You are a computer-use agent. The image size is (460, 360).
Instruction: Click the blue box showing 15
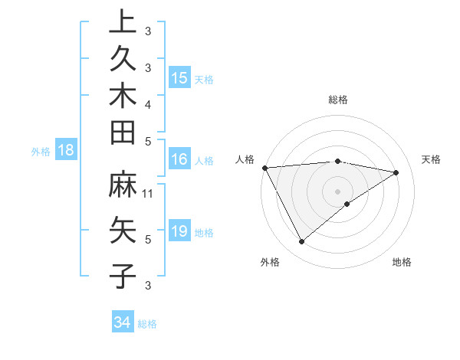click(179, 78)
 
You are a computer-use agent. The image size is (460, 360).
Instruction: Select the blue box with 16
click(179, 160)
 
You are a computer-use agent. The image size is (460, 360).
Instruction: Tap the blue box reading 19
click(179, 231)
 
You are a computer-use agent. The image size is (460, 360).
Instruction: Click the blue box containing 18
click(67, 151)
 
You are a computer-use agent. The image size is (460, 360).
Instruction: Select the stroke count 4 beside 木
click(148, 103)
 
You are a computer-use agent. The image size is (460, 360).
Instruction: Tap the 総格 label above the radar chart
click(338, 100)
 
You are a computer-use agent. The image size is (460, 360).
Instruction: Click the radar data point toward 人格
click(264, 167)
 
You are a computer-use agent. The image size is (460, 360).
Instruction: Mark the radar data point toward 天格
click(396, 172)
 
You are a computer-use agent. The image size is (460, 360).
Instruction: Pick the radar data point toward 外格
click(301, 241)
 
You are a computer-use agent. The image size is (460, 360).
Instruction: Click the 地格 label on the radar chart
click(402, 262)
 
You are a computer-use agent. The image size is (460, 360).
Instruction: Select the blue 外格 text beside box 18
click(41, 152)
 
